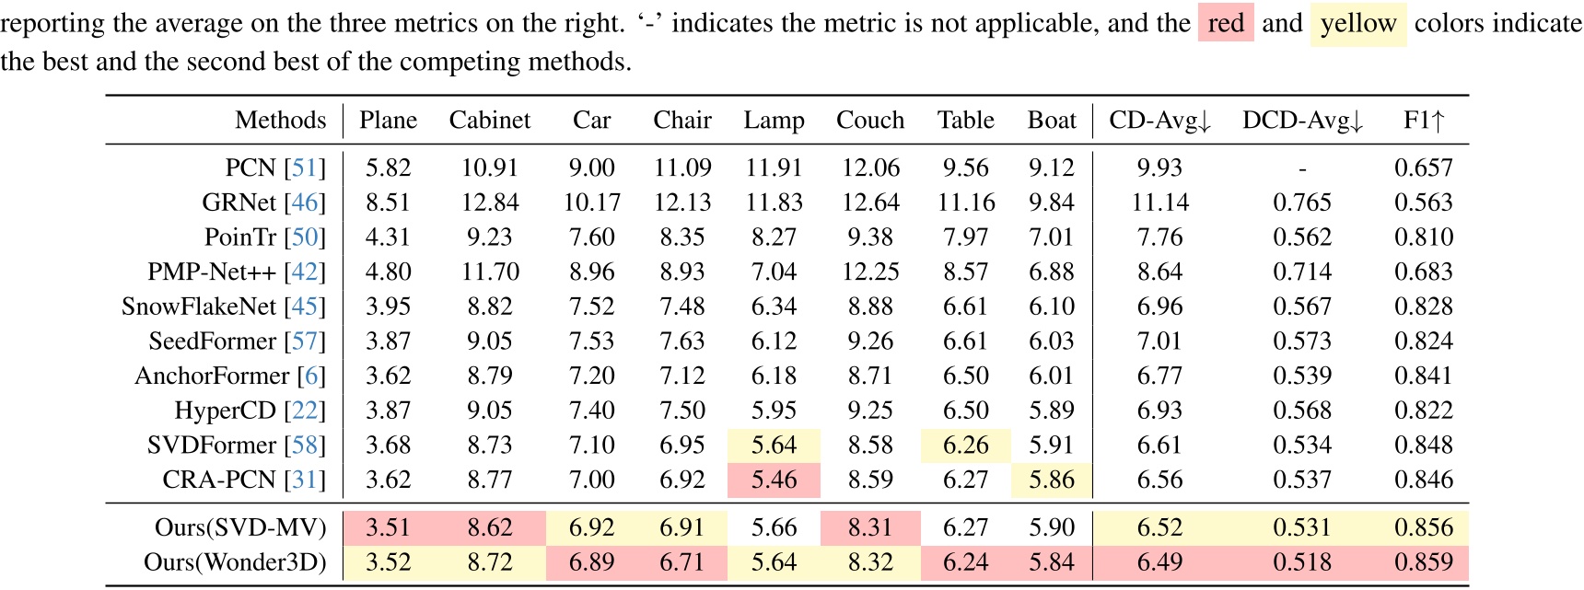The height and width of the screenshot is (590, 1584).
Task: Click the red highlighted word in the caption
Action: pyautogui.click(x=1226, y=23)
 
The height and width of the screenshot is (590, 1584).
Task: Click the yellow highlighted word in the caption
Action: pyautogui.click(x=1357, y=23)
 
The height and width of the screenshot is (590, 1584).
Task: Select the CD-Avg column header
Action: pyautogui.click(x=1159, y=121)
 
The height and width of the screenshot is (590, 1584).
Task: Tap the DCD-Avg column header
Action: pyautogui.click(x=1302, y=121)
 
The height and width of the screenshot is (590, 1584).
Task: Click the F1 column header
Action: pyautogui.click(x=1424, y=121)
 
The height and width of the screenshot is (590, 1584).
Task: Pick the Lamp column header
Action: pyautogui.click(x=774, y=121)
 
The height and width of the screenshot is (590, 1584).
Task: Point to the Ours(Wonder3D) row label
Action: pyautogui.click(x=235, y=562)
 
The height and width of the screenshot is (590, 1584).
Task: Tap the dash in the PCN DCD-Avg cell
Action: pyautogui.click(x=1302, y=168)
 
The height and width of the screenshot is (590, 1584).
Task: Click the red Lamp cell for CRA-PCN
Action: pyautogui.click(x=774, y=480)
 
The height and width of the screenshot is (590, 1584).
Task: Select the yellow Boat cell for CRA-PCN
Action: pyautogui.click(x=1052, y=480)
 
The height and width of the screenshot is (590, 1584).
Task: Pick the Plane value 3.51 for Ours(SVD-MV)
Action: pyautogui.click(x=388, y=527)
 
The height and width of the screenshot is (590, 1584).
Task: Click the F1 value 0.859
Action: pyautogui.click(x=1424, y=562)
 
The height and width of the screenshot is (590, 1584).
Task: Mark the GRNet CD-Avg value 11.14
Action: pyautogui.click(x=1159, y=202)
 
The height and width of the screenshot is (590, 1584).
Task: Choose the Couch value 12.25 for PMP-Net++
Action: pyautogui.click(x=870, y=272)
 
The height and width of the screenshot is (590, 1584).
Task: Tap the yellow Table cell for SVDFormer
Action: pyautogui.click(x=965, y=445)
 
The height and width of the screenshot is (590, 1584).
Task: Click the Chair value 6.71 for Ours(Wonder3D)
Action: pyautogui.click(x=682, y=562)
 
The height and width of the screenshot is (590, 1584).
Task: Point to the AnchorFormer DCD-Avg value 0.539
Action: pyautogui.click(x=1302, y=376)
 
